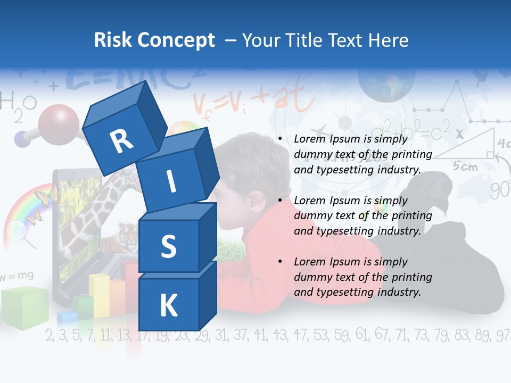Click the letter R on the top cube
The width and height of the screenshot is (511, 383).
click(121, 141)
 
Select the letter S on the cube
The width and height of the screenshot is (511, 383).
click(169, 246)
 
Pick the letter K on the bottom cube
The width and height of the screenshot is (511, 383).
click(169, 306)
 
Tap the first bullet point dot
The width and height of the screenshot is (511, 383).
click(280, 139)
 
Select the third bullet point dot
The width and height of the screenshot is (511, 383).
click(280, 262)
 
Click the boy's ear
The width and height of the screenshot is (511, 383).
click(257, 202)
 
